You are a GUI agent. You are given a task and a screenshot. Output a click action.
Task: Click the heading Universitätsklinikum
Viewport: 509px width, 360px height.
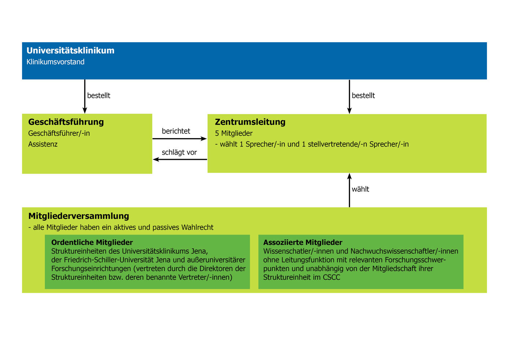point(70,51)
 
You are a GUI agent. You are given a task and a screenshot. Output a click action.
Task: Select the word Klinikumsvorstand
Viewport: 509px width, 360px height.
point(55,62)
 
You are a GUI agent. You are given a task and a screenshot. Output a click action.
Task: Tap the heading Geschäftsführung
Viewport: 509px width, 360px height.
point(66,122)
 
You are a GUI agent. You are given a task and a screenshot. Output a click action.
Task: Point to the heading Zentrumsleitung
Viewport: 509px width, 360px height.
point(250,122)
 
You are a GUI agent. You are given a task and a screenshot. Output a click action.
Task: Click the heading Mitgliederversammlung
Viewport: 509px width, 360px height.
point(79,216)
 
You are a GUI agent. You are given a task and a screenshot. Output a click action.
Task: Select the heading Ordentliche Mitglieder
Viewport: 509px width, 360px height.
point(92,242)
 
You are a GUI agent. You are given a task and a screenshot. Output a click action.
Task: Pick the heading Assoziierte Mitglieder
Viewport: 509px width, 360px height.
point(303,242)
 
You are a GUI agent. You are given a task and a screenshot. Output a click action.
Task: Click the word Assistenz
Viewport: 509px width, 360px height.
point(43,144)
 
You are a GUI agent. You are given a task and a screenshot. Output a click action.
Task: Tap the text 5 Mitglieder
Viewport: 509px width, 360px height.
point(233,133)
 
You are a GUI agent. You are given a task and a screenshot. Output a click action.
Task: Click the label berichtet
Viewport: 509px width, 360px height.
point(176,131)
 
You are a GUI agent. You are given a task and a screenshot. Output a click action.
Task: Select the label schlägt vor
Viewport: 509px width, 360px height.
point(179,152)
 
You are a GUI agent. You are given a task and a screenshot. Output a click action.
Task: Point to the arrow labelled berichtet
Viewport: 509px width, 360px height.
point(180,139)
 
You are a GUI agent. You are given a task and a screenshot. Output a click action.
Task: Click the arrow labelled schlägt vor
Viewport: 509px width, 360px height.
point(180,159)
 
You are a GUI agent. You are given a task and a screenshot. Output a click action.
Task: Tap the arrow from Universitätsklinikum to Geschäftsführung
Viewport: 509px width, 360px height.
point(85,96)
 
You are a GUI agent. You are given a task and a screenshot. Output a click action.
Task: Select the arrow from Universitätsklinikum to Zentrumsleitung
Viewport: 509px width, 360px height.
point(350,96)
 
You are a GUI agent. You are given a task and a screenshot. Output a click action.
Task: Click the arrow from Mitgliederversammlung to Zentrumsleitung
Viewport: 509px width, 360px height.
point(350,190)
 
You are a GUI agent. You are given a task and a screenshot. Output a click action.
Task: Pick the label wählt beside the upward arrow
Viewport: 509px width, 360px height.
point(360,189)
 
